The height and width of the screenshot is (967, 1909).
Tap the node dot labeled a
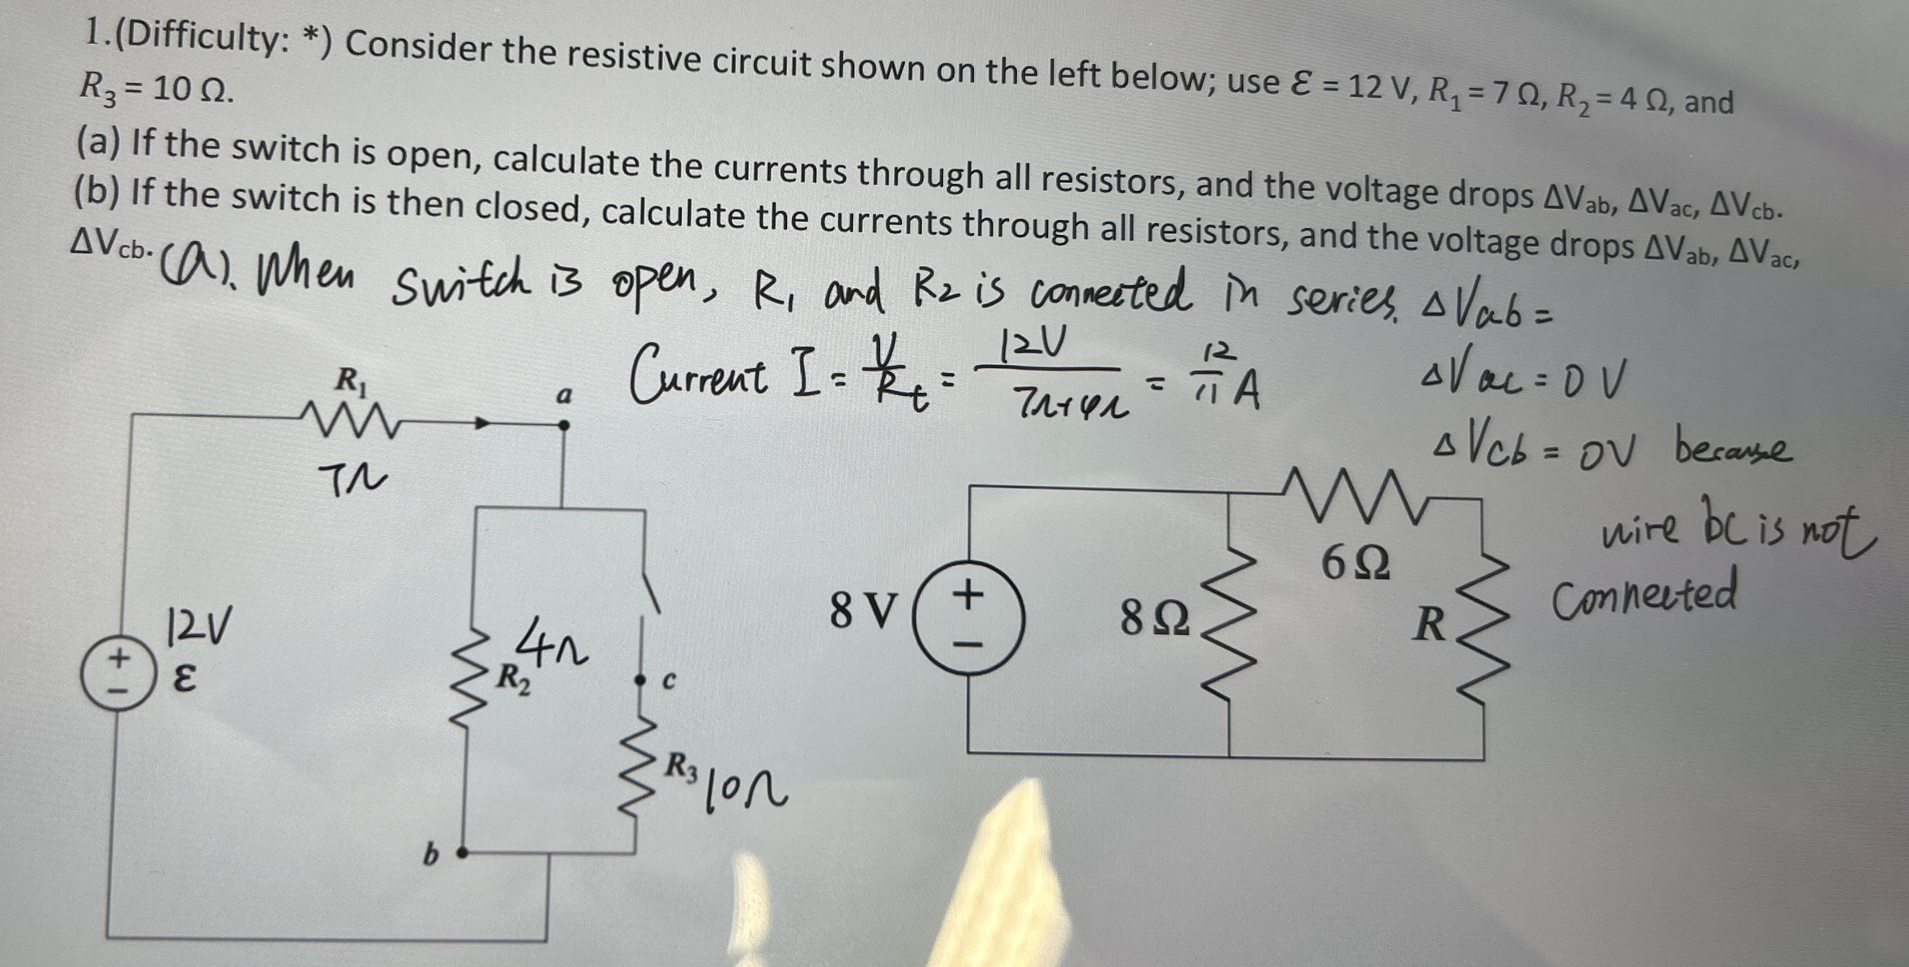(x=563, y=425)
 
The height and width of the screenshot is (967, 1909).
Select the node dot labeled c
(x=638, y=679)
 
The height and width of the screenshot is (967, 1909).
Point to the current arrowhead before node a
(x=483, y=425)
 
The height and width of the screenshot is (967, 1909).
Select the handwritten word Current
(x=697, y=377)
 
